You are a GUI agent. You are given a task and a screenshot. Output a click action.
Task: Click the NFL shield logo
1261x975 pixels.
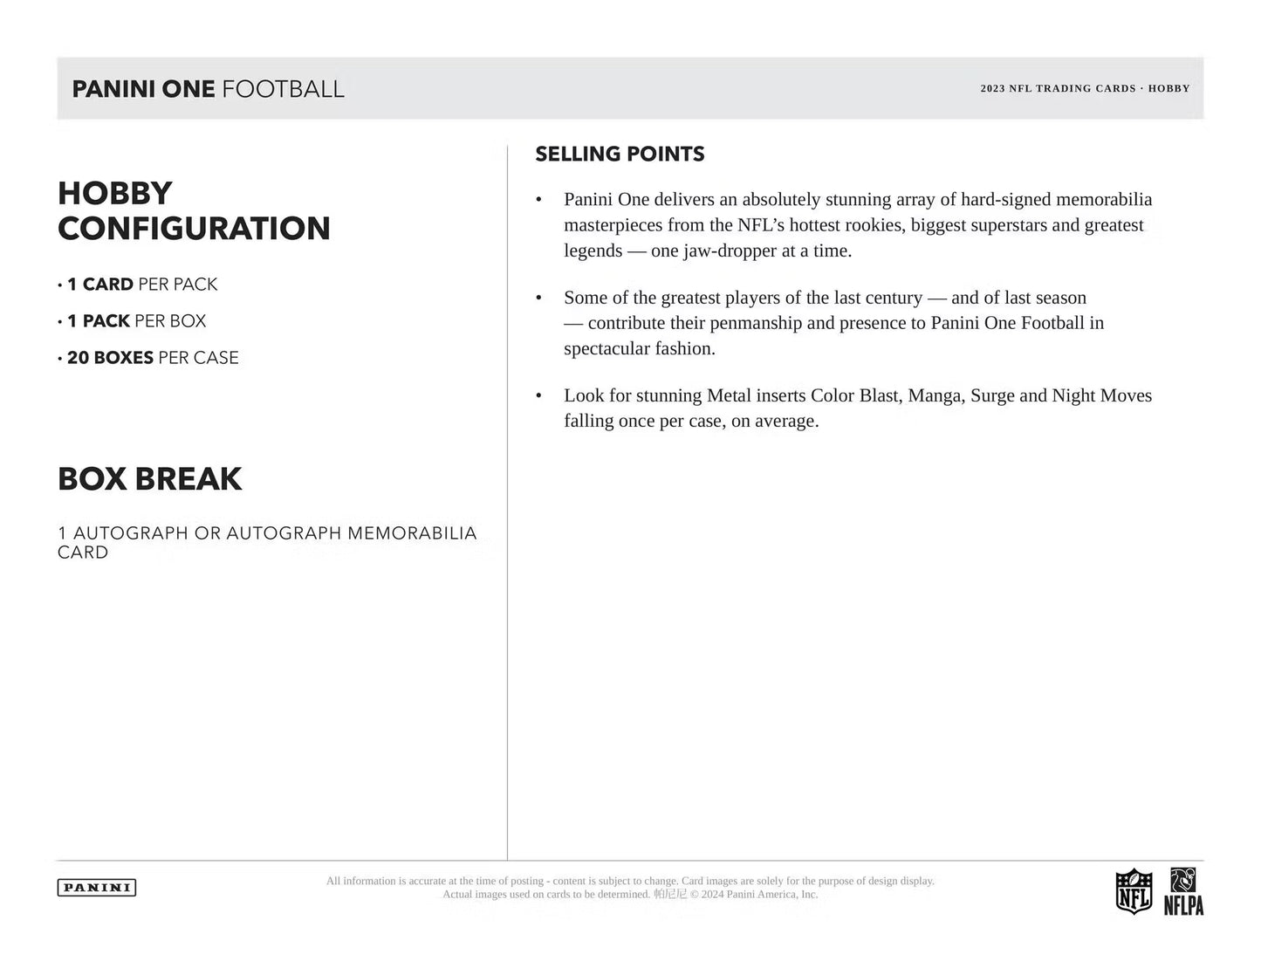coord(1134,891)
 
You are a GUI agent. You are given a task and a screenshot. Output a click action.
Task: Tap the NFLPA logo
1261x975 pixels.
coord(1183,891)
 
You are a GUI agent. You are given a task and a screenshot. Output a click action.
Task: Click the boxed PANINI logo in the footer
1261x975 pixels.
coord(97,888)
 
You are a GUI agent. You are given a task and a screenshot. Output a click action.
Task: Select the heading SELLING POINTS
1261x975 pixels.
coord(620,154)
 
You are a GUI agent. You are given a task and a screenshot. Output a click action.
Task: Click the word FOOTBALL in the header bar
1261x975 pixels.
coord(283,88)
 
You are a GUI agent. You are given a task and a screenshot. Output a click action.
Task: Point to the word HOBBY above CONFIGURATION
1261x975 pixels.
coord(115,193)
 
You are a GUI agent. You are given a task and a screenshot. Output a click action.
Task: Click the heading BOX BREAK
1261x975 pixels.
coord(150,479)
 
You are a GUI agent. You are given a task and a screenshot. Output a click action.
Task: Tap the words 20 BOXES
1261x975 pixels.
coord(110,358)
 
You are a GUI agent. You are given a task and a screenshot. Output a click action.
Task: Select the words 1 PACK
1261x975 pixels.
coord(99,321)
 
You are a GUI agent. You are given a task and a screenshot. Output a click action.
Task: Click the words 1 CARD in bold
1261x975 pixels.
coord(100,285)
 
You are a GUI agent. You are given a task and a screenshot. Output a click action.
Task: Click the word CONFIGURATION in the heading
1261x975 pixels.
coord(194,229)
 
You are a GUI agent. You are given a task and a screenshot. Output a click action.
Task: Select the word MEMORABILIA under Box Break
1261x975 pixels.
coord(412,533)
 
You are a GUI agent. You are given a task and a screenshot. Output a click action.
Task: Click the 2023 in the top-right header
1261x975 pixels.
coord(992,89)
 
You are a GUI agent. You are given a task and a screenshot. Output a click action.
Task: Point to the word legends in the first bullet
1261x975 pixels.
coord(593,251)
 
